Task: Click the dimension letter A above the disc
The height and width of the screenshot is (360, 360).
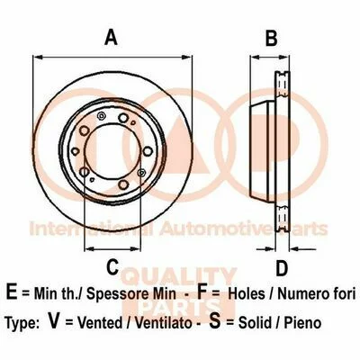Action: pyautogui.click(x=111, y=38)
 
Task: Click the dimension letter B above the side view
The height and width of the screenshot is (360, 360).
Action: pyautogui.click(x=271, y=38)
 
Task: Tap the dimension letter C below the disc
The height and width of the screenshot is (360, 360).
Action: pyautogui.click(x=112, y=266)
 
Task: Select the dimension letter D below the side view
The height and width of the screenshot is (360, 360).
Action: pyautogui.click(x=282, y=268)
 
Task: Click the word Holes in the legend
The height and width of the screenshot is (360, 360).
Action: pyautogui.click(x=247, y=293)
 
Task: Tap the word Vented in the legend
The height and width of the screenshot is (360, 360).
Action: pyautogui.click(x=100, y=323)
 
